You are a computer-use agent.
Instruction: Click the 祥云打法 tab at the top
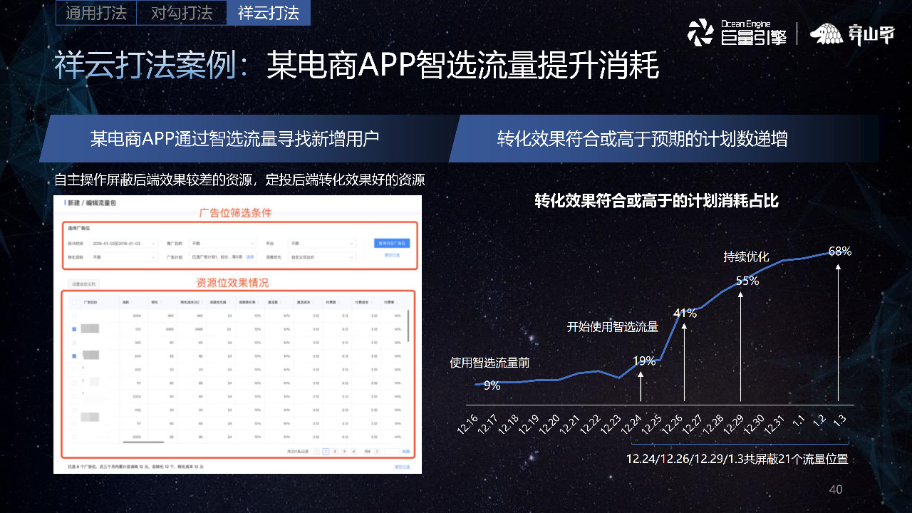(268, 13)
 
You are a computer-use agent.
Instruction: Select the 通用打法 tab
(95, 13)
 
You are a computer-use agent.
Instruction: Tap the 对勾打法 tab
(182, 13)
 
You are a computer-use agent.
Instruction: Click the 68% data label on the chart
(840, 252)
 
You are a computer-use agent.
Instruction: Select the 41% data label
(685, 313)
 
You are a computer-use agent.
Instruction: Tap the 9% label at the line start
(492, 385)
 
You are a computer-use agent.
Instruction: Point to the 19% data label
(643, 361)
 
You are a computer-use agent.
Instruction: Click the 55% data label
(747, 281)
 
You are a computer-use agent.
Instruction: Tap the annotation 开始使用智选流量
(612, 327)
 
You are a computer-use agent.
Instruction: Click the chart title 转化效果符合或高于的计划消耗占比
(656, 202)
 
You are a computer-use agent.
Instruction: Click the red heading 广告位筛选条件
(234, 212)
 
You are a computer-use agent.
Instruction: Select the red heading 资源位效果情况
(233, 283)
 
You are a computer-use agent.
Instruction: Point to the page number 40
(836, 489)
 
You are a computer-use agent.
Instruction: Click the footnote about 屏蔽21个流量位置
(737, 459)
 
